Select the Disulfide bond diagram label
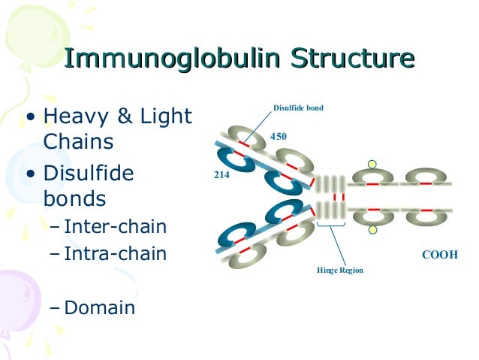(297, 108)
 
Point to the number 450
(279, 136)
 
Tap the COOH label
(440, 255)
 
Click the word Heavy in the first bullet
(80, 117)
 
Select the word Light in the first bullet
(166, 117)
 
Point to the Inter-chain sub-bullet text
(116, 226)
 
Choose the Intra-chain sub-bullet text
(116, 255)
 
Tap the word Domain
(100, 307)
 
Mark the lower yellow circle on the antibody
(370, 229)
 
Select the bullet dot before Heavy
(31, 118)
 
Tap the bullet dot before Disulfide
(31, 175)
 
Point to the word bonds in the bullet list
(74, 199)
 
